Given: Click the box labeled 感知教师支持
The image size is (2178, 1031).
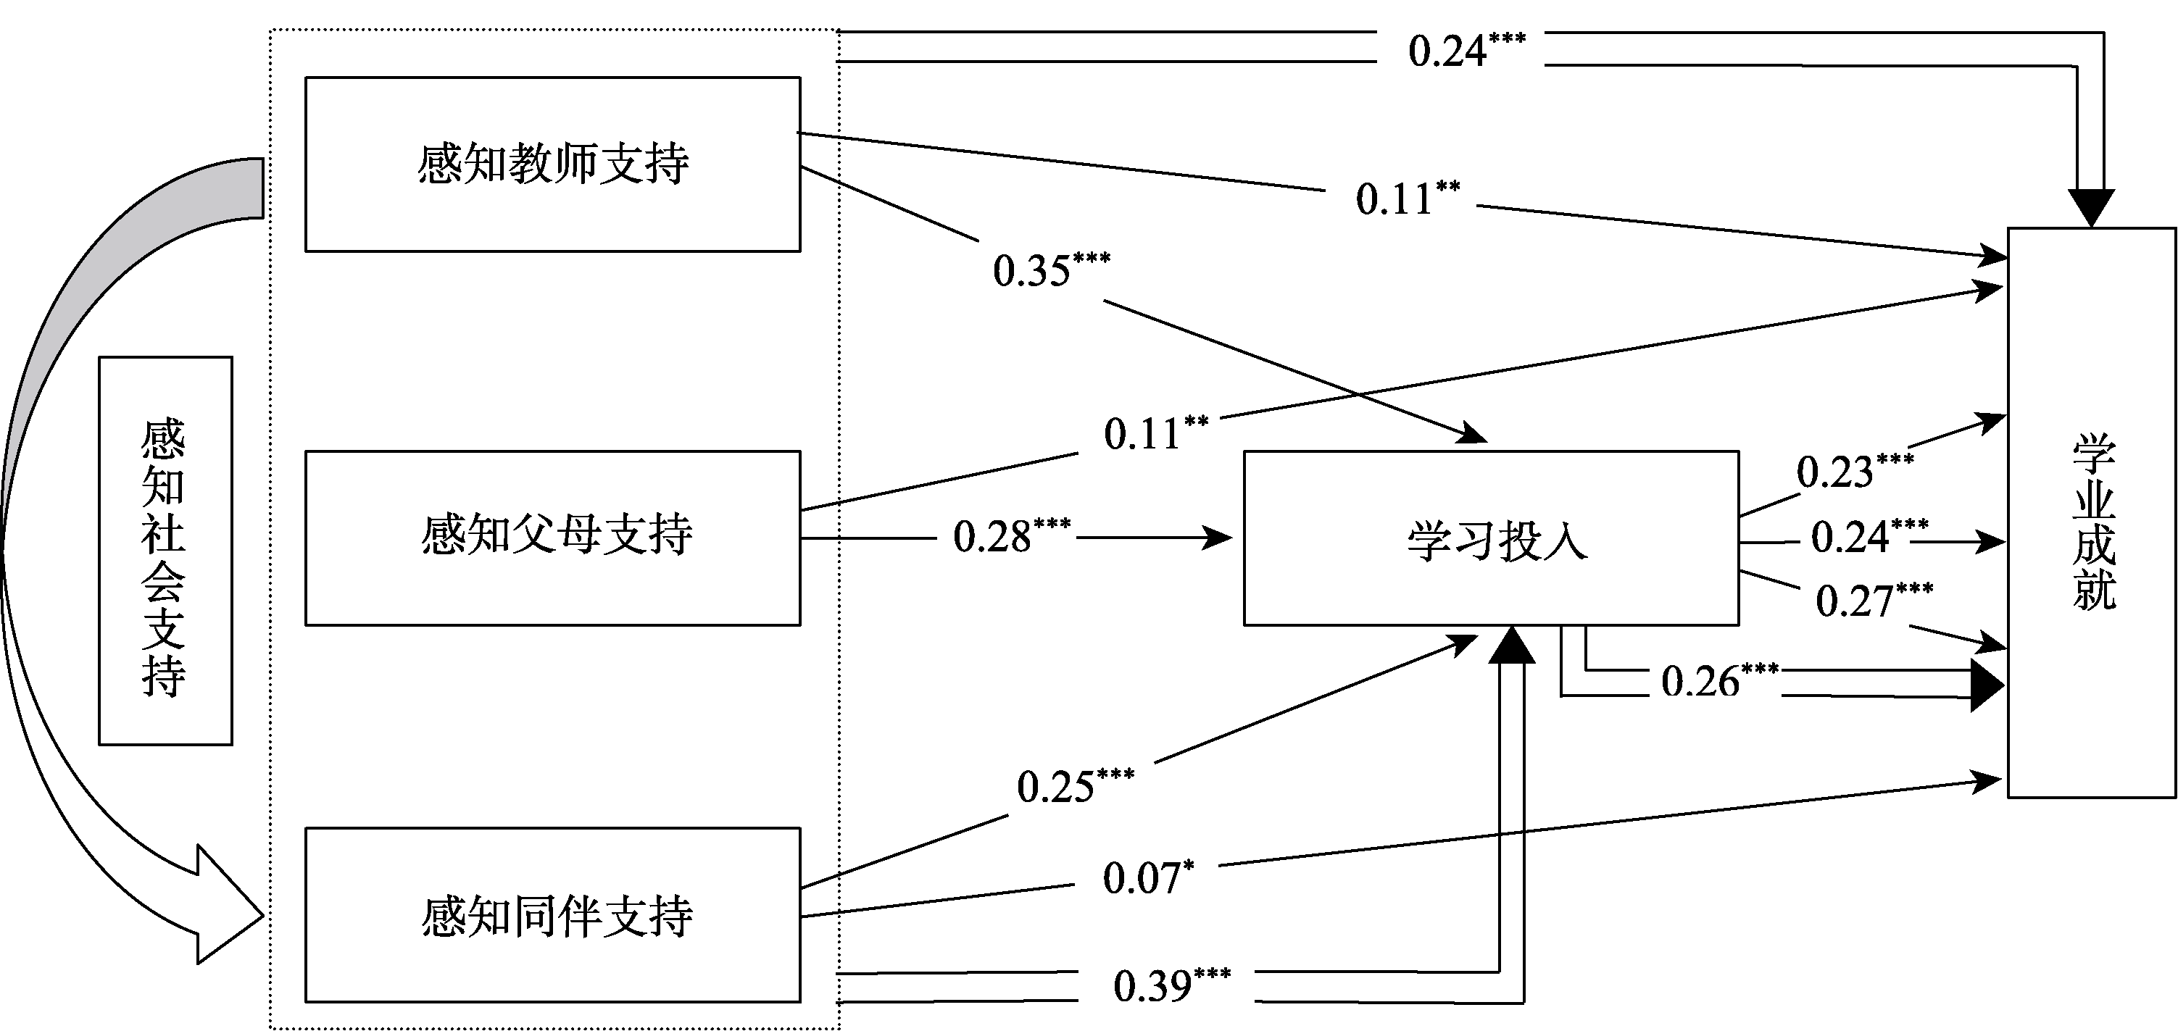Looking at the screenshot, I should pos(552,164).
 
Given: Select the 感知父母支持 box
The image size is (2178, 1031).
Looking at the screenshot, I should pos(552,538).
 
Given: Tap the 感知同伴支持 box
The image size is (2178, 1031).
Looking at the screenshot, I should pos(552,915).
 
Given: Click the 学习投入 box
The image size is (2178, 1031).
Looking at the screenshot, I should pos(1491,538).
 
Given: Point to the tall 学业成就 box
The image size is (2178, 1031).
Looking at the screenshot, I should pos(2091,512).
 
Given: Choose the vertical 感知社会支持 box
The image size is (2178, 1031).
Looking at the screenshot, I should pos(165,550).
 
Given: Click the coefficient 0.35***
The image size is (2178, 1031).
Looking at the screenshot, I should pos(1050,270).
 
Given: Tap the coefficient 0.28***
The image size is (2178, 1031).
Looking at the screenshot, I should pos(1011,535).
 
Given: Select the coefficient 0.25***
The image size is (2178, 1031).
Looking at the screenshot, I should pos(1075,785).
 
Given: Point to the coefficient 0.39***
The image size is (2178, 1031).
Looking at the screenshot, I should pos(1171,985).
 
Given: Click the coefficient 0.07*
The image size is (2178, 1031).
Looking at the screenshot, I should pos(1147,877).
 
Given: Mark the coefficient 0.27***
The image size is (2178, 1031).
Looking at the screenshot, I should pos(1874,600).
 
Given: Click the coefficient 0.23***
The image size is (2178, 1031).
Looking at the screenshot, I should pos(1854,471).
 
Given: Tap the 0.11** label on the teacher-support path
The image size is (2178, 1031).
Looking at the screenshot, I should pos(1407,198).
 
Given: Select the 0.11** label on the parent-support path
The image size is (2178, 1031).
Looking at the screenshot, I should pos(1155,433).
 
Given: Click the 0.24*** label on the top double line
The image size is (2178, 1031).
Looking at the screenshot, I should pos(1466,50).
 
